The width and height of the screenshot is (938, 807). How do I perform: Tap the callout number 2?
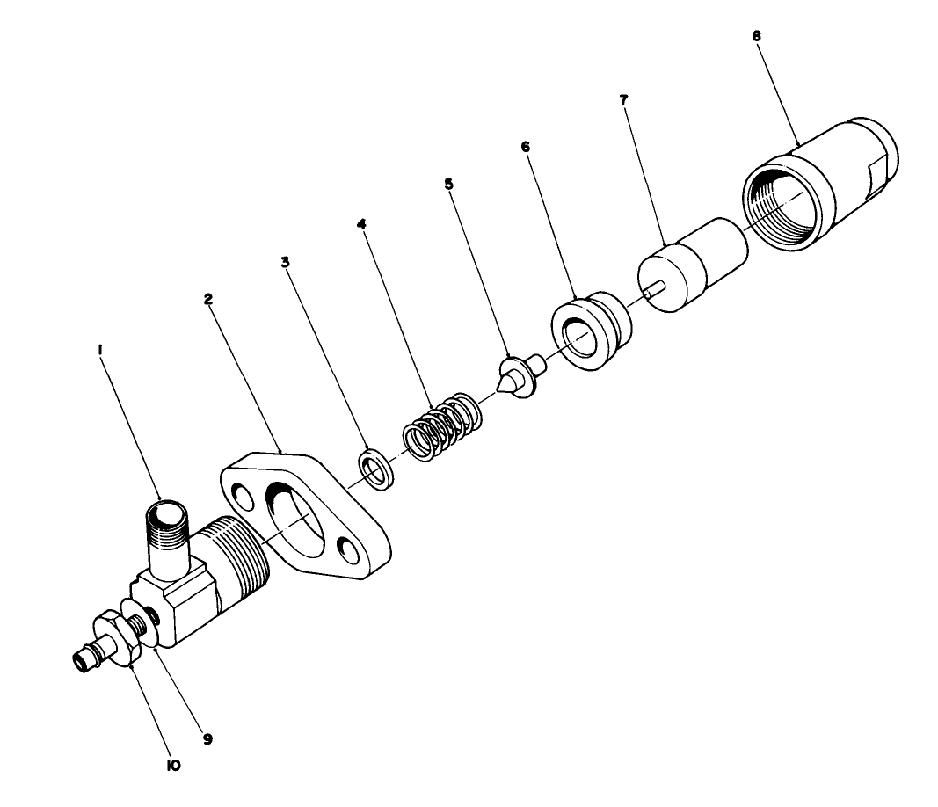coord(208,299)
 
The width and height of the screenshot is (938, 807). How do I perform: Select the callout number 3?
coord(284,262)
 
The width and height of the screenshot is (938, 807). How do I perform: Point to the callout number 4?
coord(360,223)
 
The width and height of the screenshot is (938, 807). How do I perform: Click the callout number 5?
coord(448,185)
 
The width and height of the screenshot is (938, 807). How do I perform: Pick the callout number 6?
coord(526,147)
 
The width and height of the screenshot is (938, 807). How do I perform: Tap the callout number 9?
coord(208,739)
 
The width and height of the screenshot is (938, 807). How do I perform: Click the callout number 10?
coord(173,766)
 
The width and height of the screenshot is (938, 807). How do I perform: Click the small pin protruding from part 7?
coord(651,293)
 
